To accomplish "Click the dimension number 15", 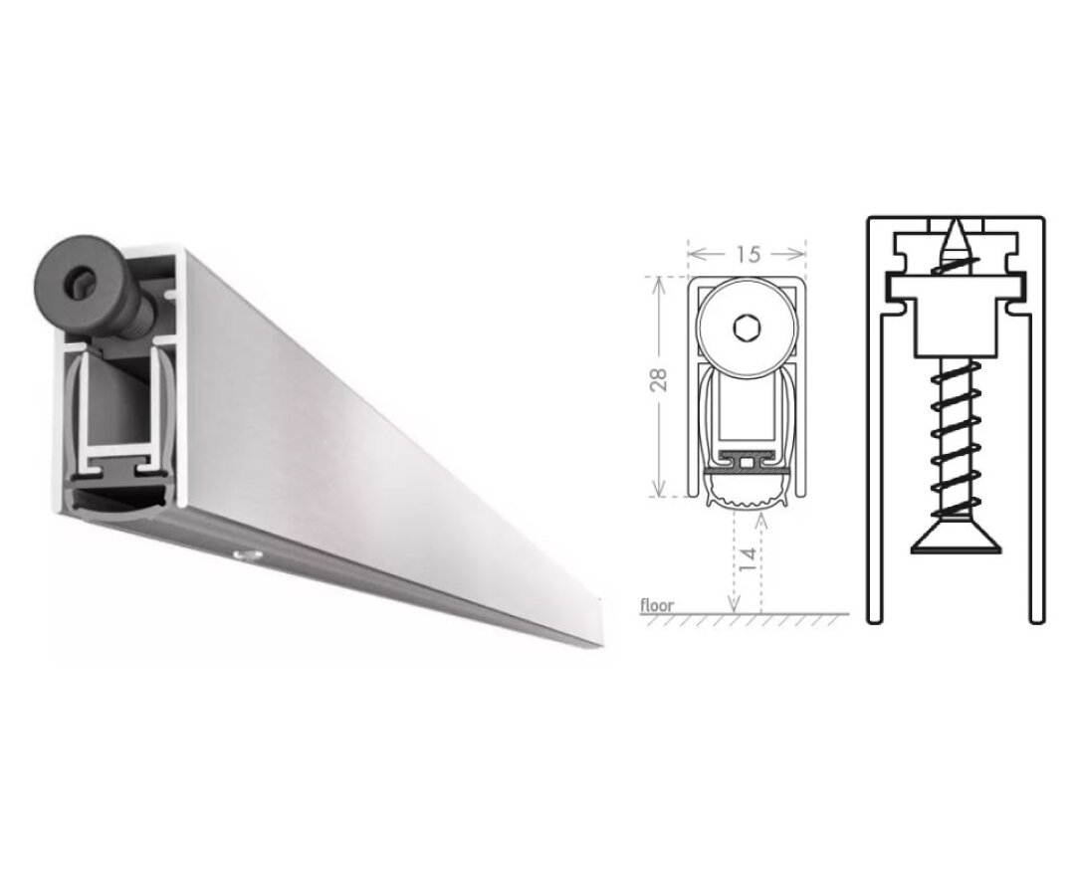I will [748, 254].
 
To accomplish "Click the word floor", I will [657, 604].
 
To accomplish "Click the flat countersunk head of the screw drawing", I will [955, 538].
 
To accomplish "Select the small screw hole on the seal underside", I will [242, 551].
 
